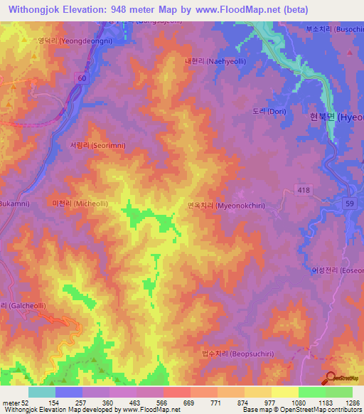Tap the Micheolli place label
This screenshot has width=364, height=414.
click(x=80, y=203)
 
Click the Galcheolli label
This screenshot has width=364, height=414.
click(x=18, y=305)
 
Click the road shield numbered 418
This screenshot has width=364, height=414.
click(x=304, y=188)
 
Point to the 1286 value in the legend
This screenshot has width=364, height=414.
click(x=353, y=403)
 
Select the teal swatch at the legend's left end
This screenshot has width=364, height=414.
click(x=41, y=392)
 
